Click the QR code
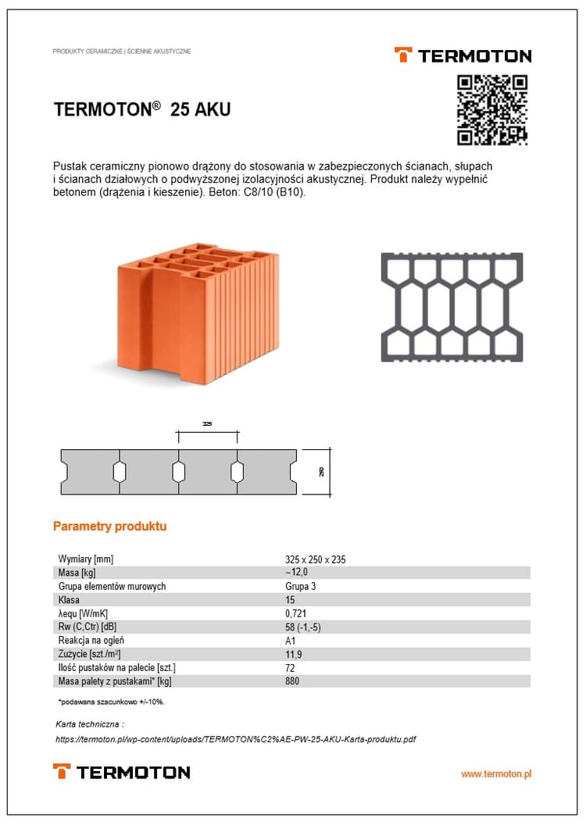pos(492,109)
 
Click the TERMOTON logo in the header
pos(463,55)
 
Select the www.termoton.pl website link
pos(496,773)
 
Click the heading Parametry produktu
pos(109,527)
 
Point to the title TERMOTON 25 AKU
pos(142,109)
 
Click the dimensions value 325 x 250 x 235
pos(316,559)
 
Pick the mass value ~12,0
pos(298,573)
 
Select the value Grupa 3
pos(301,586)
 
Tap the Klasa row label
pos(69,600)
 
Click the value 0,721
pos(297,613)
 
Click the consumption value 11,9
pos(294,654)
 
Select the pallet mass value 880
pos(293,681)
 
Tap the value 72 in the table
pos(291,668)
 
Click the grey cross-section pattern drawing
pos(452,307)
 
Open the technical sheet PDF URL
pos(235,739)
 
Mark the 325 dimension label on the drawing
pos(207,424)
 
